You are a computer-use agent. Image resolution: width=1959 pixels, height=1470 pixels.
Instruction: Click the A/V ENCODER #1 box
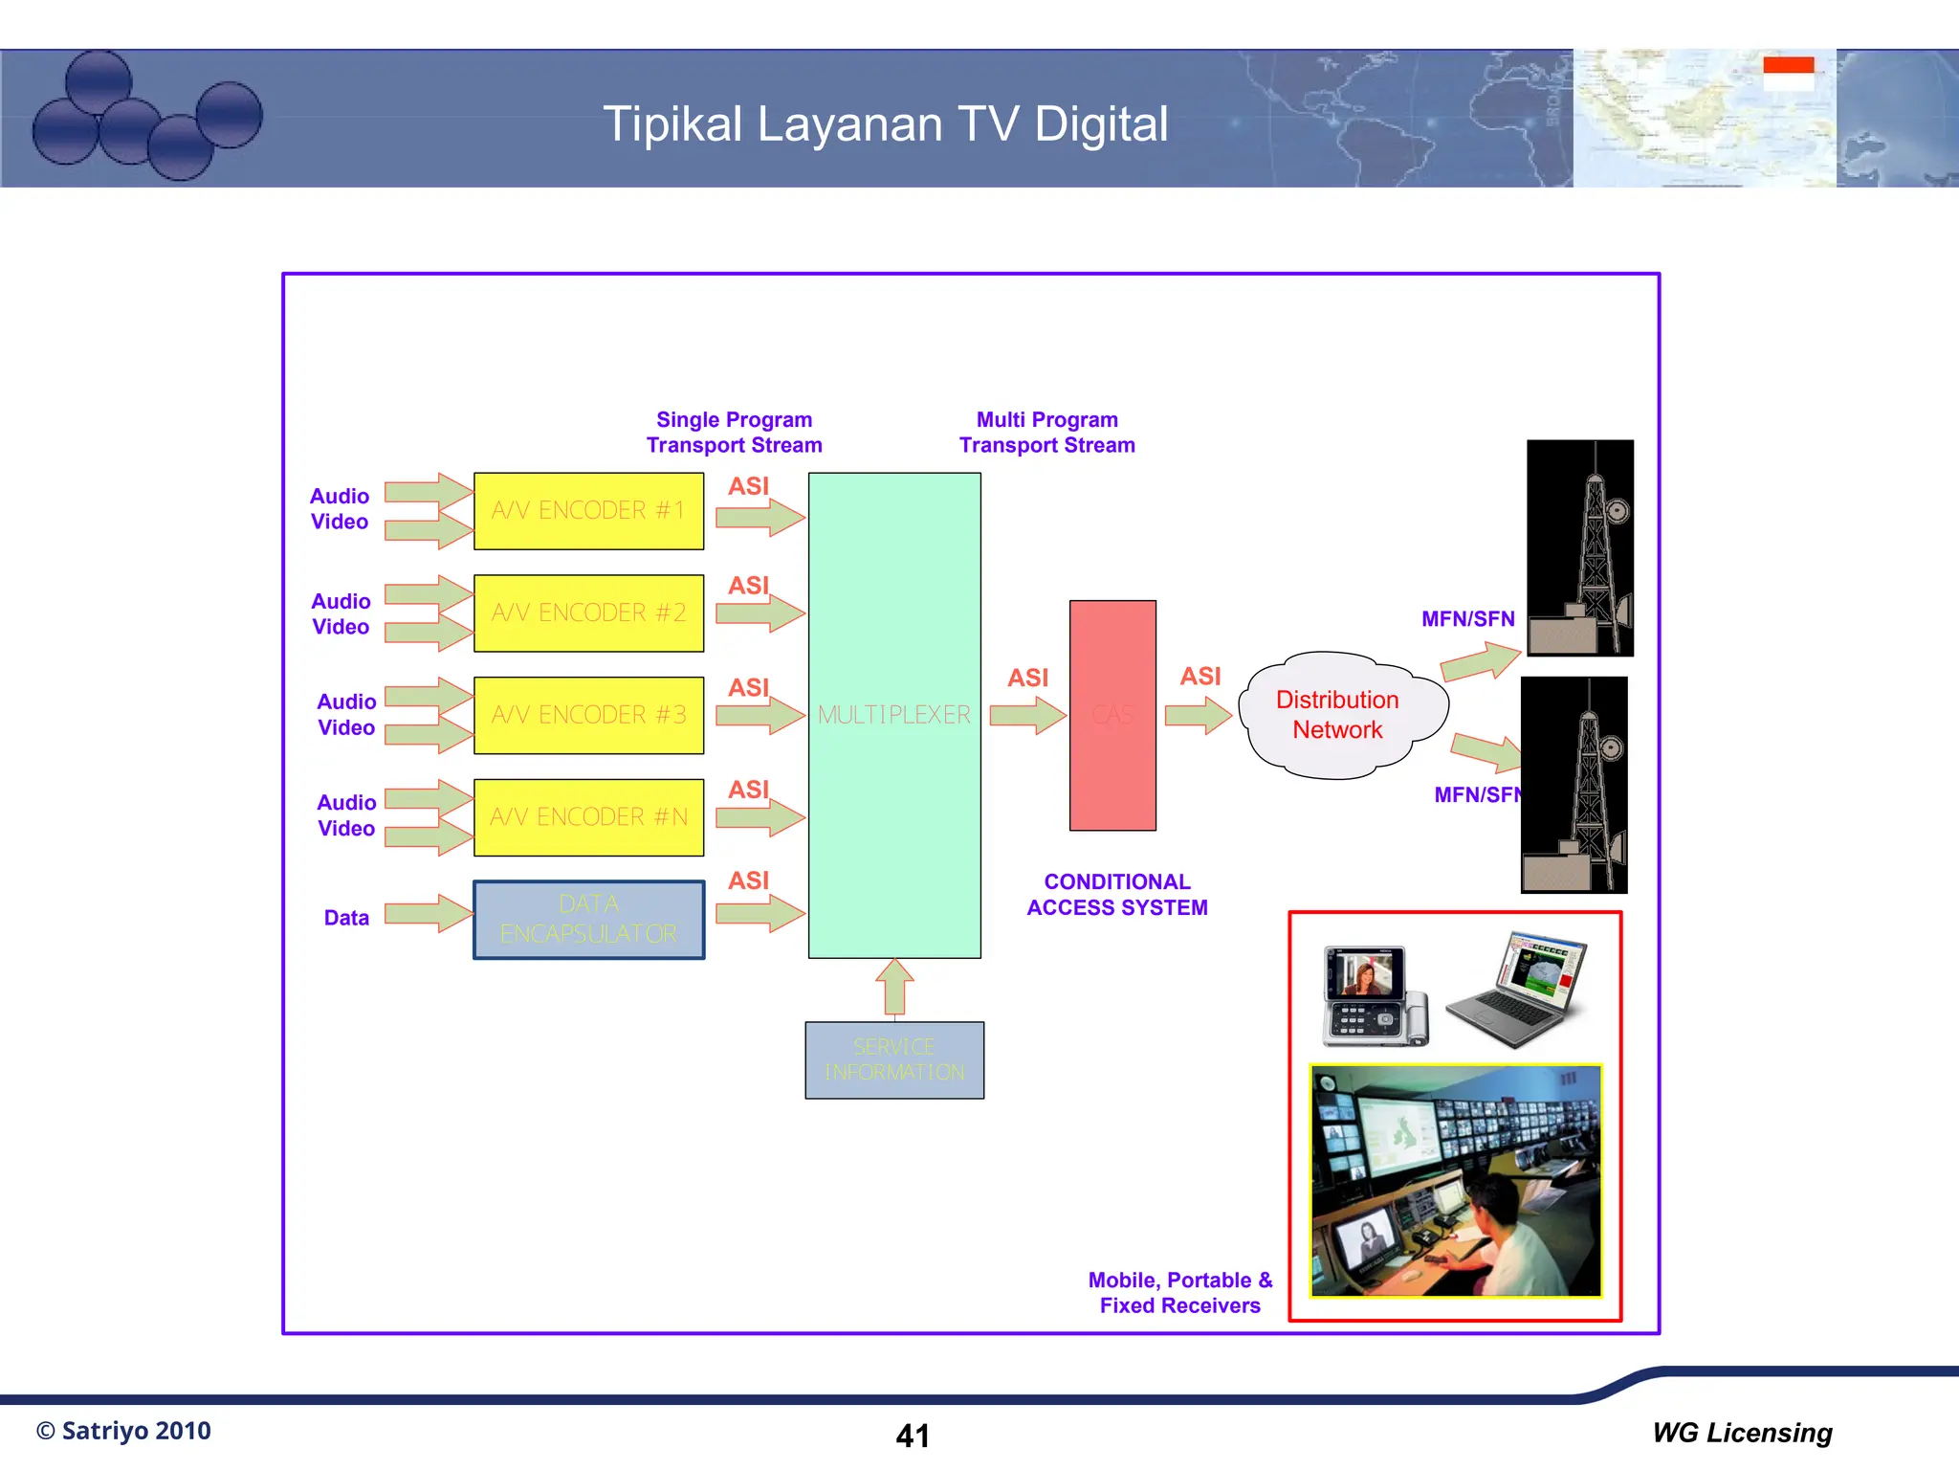(x=588, y=511)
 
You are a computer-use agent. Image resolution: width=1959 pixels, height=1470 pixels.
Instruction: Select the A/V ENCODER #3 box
(x=588, y=715)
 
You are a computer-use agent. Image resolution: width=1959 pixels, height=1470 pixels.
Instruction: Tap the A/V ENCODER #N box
(x=588, y=817)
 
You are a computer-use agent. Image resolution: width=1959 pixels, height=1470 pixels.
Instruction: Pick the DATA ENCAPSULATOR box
(x=588, y=920)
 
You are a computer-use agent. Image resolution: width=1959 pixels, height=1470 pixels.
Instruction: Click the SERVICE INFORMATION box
(x=894, y=1060)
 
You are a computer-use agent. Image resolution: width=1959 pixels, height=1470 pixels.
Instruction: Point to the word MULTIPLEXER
(x=894, y=715)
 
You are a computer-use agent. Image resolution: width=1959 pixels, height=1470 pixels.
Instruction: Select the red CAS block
(x=1112, y=715)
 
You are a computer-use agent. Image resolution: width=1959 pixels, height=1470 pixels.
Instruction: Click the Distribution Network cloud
(x=1339, y=715)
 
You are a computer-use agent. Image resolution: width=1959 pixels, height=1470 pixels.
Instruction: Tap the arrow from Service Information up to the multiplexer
(x=894, y=987)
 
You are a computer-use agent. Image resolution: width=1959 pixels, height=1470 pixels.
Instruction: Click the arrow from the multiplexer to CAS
(x=1027, y=715)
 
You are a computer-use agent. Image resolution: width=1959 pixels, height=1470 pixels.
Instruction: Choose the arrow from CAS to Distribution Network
(x=1199, y=715)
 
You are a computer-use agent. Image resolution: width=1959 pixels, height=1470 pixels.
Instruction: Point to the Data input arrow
(x=428, y=914)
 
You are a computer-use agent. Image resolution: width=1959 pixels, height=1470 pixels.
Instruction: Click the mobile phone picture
(x=1373, y=995)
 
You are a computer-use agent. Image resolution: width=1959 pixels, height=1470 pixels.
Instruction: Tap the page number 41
(x=913, y=1436)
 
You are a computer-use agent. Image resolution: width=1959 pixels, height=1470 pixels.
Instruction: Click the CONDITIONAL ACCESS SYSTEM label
(x=1117, y=895)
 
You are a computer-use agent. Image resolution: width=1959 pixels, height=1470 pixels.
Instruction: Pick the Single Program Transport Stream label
(x=734, y=433)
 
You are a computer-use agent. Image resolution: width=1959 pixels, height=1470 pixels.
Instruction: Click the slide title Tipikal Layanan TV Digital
(x=885, y=124)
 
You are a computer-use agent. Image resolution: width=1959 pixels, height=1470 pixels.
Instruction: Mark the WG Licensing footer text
(x=1742, y=1433)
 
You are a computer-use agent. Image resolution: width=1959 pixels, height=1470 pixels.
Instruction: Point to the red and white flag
(x=1789, y=74)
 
